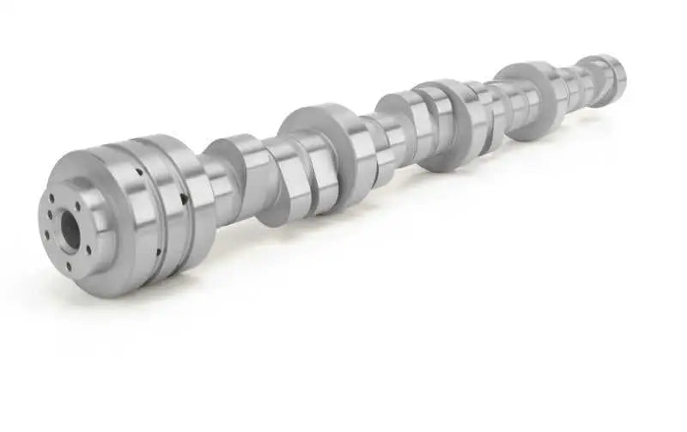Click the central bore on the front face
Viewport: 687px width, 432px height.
point(69,230)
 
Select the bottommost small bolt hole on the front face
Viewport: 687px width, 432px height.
point(69,266)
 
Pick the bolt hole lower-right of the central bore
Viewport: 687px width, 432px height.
point(88,250)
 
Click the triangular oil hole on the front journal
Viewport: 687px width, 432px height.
point(183,199)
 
